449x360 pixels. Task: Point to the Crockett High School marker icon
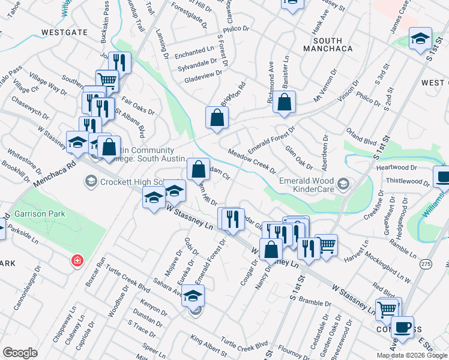pyautogui.click(x=91, y=181)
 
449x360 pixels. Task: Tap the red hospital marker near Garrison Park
pyautogui.click(x=76, y=261)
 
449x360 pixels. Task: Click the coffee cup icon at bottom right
pyautogui.click(x=402, y=328)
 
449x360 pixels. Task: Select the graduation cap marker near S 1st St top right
pyautogui.click(x=420, y=38)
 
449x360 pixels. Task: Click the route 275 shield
pyautogui.click(x=426, y=264)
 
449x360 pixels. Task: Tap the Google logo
pyautogui.click(x=20, y=353)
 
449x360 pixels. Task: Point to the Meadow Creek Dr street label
pyautogui.click(x=252, y=162)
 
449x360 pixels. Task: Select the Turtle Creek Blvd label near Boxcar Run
pyautogui.click(x=127, y=280)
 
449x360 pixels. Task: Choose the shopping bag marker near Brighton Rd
pyautogui.click(x=217, y=118)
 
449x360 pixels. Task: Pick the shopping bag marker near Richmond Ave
pyautogui.click(x=285, y=102)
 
